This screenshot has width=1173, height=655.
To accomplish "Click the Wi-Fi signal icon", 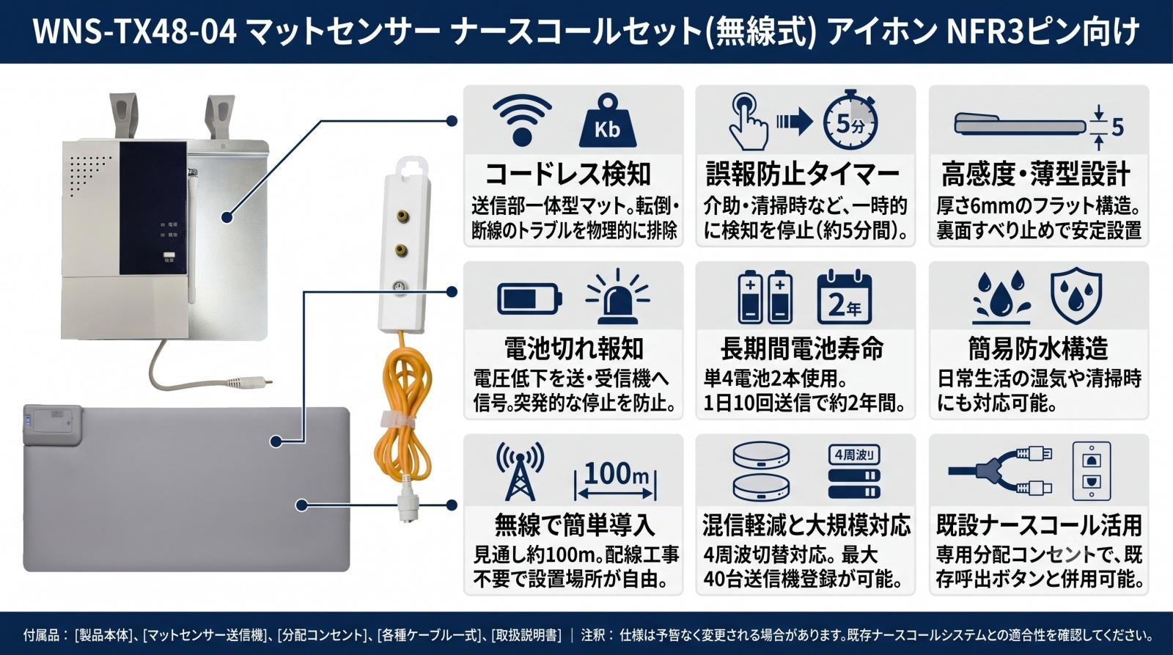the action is click(521, 120).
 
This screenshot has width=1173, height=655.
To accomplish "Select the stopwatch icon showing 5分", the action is click(850, 122).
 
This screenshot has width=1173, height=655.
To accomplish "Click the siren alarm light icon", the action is click(618, 296).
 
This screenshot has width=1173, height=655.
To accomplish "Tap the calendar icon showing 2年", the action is click(844, 298).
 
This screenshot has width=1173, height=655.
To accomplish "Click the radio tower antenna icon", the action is click(520, 472).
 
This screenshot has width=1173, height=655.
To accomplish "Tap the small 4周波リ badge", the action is click(854, 455).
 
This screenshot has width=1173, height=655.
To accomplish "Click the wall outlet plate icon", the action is click(1092, 472).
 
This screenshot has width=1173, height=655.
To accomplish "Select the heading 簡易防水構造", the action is click(1038, 348).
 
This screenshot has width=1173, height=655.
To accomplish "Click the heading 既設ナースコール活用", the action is click(1039, 526).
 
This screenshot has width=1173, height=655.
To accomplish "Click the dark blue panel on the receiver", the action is click(153, 208).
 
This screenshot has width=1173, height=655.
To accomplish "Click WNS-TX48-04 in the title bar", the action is click(135, 32).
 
